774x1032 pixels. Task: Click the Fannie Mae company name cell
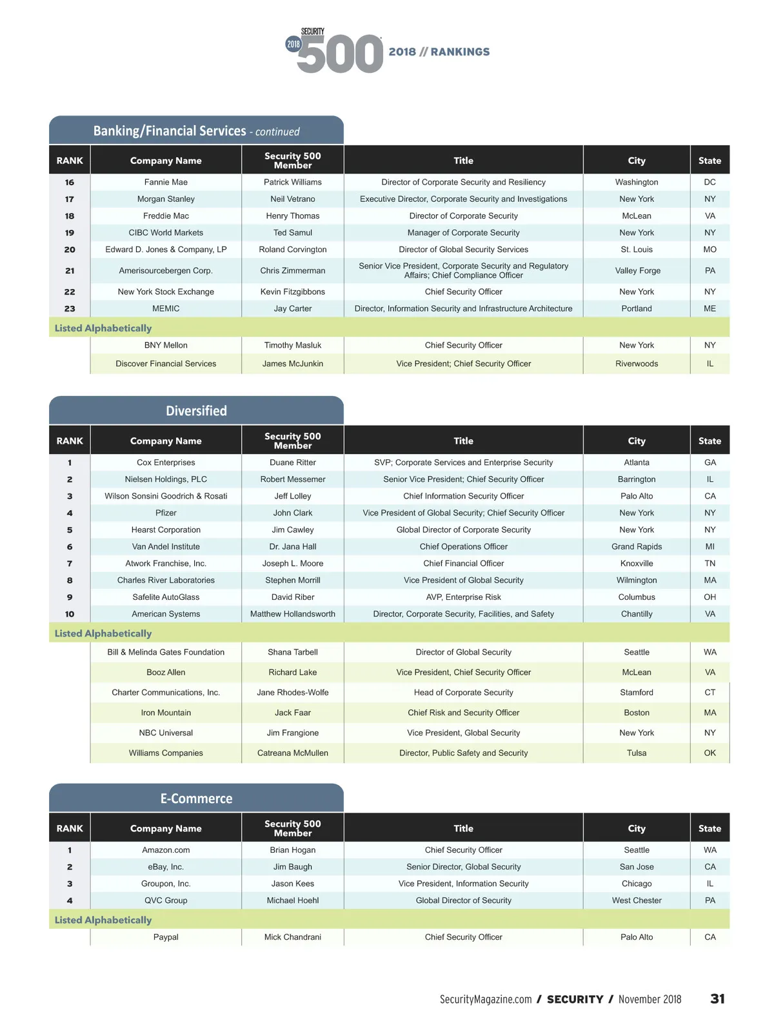[x=166, y=183]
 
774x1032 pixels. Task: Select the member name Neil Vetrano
[x=293, y=199]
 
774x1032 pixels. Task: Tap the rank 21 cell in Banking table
[x=70, y=271]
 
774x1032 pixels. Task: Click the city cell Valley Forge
[x=637, y=271]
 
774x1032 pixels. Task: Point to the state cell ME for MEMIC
[x=709, y=309]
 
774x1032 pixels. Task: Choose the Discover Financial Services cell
[x=166, y=364]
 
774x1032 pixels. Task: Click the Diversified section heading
[x=196, y=411]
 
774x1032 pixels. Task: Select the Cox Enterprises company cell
[x=166, y=462]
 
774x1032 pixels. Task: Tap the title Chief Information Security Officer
[x=463, y=496]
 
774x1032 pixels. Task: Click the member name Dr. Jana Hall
[x=293, y=547]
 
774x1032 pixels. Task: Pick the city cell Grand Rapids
[x=637, y=547]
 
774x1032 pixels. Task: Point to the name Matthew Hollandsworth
[x=293, y=614]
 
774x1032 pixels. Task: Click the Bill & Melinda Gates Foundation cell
[x=166, y=652]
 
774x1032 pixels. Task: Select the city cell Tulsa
[x=637, y=753]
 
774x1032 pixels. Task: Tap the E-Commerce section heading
[x=196, y=799]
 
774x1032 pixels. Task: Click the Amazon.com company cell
[x=166, y=850]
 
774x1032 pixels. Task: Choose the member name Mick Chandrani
[x=293, y=937]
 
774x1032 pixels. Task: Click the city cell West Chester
[x=637, y=900]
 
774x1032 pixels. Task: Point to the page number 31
[x=717, y=999]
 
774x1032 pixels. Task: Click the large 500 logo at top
[x=340, y=54]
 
